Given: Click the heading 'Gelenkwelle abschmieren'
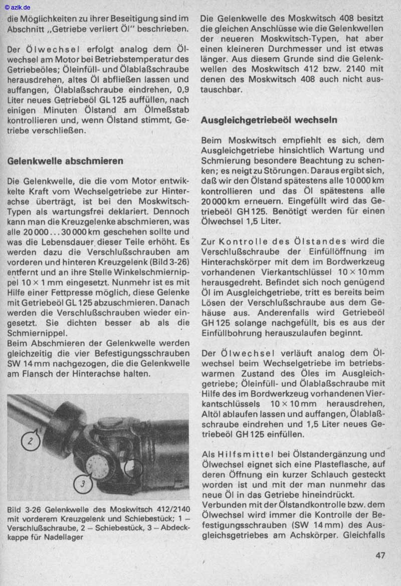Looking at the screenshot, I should coord(65,162).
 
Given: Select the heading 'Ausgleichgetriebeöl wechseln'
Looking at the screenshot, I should coord(269,120).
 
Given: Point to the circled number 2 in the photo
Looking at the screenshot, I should coord(31,442).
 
